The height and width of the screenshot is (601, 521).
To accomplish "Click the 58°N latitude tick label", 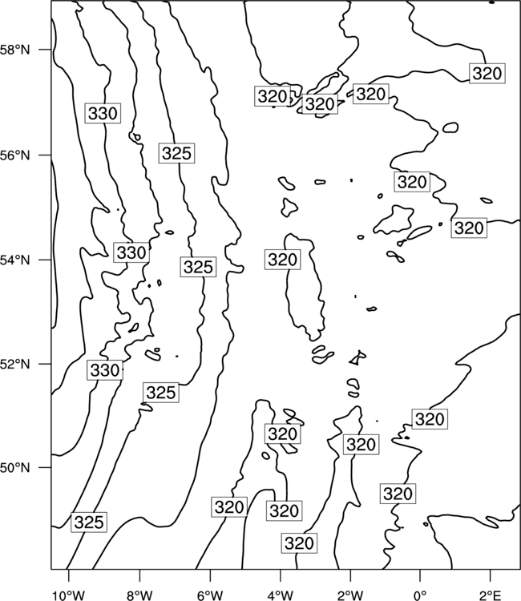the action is [x=14, y=50].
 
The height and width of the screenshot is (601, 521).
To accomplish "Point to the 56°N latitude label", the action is [x=14, y=155].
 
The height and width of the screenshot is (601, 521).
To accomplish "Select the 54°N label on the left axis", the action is [x=14, y=260].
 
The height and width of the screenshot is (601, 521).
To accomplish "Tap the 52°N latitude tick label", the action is [x=14, y=364].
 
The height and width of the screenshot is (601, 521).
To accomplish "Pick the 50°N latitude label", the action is [x=14, y=468].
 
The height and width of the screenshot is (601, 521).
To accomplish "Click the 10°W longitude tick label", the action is [x=69, y=595].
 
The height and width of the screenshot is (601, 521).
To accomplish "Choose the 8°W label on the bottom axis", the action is [x=139, y=595].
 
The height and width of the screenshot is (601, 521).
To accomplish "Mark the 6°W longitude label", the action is [x=210, y=595].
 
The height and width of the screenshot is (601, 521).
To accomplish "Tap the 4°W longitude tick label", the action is [x=281, y=595].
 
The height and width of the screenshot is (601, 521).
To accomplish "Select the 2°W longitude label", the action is [x=350, y=595].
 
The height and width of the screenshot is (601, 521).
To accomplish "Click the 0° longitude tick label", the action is [x=420, y=595].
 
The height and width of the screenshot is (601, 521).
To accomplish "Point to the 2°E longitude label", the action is [x=491, y=595].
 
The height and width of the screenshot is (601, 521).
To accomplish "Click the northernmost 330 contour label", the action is [x=103, y=113].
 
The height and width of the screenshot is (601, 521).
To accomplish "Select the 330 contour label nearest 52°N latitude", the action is [x=105, y=370].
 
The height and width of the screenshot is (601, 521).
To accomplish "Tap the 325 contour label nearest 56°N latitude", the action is [x=176, y=153].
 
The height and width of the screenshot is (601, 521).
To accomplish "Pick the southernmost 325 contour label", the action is [x=89, y=522].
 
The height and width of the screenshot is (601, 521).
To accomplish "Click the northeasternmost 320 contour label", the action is [x=487, y=73].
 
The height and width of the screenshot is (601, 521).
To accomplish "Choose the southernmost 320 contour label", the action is [x=300, y=543].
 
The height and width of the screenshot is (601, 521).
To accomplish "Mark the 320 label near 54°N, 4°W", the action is [x=283, y=260].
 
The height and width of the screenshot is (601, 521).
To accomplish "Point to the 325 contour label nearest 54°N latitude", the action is [x=198, y=266].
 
